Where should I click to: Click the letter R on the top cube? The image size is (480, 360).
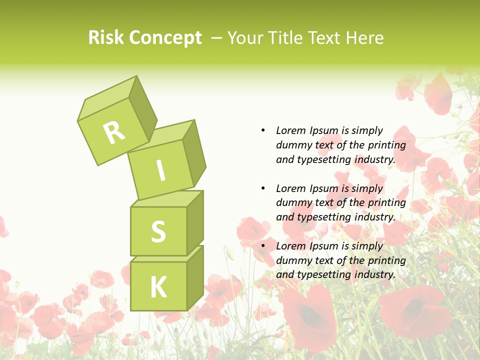click(114, 132)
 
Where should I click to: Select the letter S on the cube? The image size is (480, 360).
click(158, 231)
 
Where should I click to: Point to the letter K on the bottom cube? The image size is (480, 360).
click(158, 287)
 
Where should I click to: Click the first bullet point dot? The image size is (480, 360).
click(263, 130)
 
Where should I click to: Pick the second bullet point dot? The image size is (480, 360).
click(263, 188)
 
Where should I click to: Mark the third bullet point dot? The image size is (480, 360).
click(263, 246)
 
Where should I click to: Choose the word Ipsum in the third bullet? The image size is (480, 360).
click(324, 246)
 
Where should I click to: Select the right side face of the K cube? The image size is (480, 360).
click(194, 277)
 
